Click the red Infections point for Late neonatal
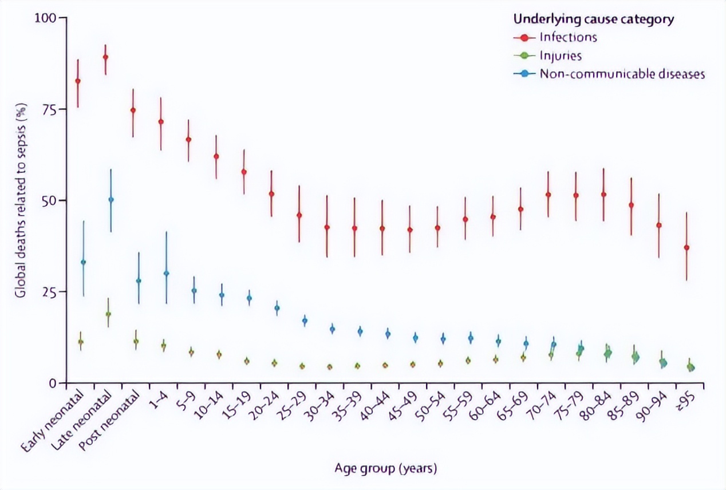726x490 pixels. point(105,57)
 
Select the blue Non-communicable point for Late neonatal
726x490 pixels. point(111,200)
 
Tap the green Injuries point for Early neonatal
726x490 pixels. point(81,342)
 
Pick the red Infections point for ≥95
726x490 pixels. point(686,248)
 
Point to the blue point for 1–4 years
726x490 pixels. point(167,274)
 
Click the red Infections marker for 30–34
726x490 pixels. point(327,227)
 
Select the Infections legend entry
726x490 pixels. point(567,37)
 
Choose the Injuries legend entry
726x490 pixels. point(560,56)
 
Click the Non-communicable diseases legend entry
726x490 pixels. point(621,74)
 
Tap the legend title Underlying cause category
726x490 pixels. point(593,19)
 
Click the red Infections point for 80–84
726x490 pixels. point(603,195)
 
